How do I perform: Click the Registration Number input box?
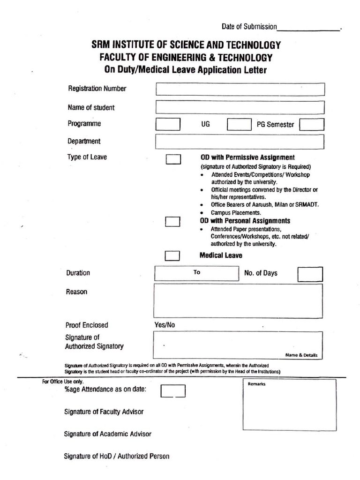pyautogui.click(x=240, y=89)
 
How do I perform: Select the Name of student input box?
pyautogui.click(x=240, y=107)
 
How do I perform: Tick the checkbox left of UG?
pyautogui.click(x=167, y=124)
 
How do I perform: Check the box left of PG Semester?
pyautogui.click(x=239, y=124)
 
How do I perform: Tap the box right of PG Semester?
pyautogui.click(x=311, y=124)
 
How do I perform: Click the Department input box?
pyautogui.click(x=240, y=141)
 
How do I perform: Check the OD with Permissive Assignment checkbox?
pyautogui.click(x=173, y=159)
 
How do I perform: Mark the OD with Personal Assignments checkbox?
pyautogui.click(x=173, y=222)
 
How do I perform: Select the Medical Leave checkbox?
pyautogui.click(x=173, y=255)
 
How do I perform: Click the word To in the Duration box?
pyautogui.click(x=197, y=272)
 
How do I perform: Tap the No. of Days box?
pyautogui.click(x=310, y=274)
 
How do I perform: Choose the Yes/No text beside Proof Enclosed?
pyautogui.click(x=165, y=325)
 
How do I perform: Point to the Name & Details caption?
pyautogui.click(x=301, y=355)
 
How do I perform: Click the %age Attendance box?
pyautogui.click(x=173, y=391)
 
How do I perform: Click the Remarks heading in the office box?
pyautogui.click(x=256, y=384)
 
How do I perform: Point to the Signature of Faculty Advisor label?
pyautogui.click(x=104, y=412)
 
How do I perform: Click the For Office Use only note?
pyautogui.click(x=62, y=382)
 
